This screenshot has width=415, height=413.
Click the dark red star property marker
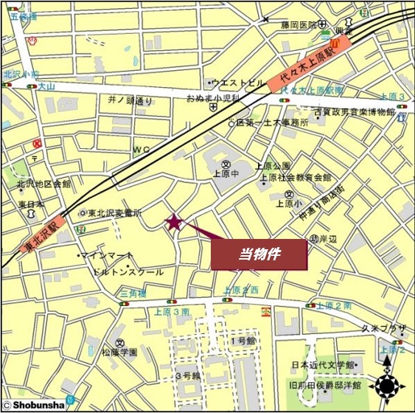pyautogui.click(x=174, y=222)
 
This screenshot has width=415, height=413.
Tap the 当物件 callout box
pyautogui.click(x=258, y=254)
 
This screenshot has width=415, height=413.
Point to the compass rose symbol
pyautogui.click(x=388, y=384)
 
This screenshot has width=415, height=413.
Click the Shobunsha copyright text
pyautogui.click(x=34, y=404)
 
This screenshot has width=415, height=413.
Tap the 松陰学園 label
pyautogui.click(x=119, y=353)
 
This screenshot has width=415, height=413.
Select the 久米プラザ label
pyautogui.click(x=384, y=327)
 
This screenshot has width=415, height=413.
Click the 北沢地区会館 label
pyautogui.click(x=46, y=184)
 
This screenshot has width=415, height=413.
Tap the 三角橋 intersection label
pyautogui.click(x=133, y=294)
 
